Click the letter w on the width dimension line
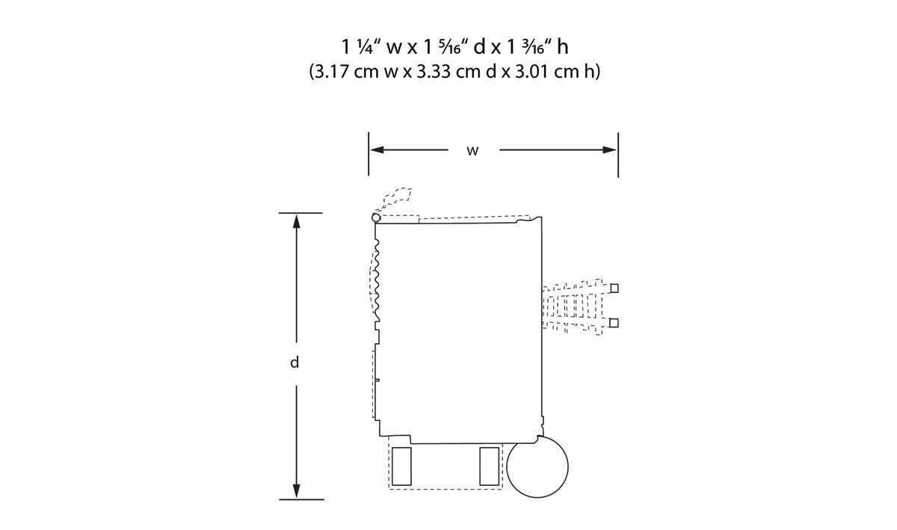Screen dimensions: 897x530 tap(472, 151)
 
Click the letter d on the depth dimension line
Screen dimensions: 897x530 tap(295, 363)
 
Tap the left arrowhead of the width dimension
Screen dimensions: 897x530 tap(377, 150)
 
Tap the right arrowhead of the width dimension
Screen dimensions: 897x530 tap(609, 150)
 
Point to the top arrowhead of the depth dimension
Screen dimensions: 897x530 tap(296, 222)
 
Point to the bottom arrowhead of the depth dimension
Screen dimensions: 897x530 tap(296, 491)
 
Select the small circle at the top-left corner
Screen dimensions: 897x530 tap(376, 218)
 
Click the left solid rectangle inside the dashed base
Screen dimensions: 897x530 tap(401, 466)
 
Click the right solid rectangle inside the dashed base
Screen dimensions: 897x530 tap(490, 466)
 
